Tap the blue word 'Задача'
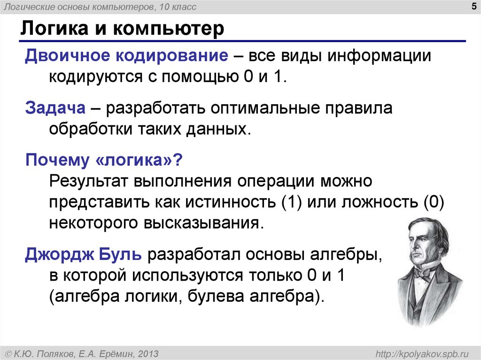[x=55, y=108]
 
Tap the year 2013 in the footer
[x=148, y=353]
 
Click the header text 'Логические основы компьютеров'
[x=74, y=7]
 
